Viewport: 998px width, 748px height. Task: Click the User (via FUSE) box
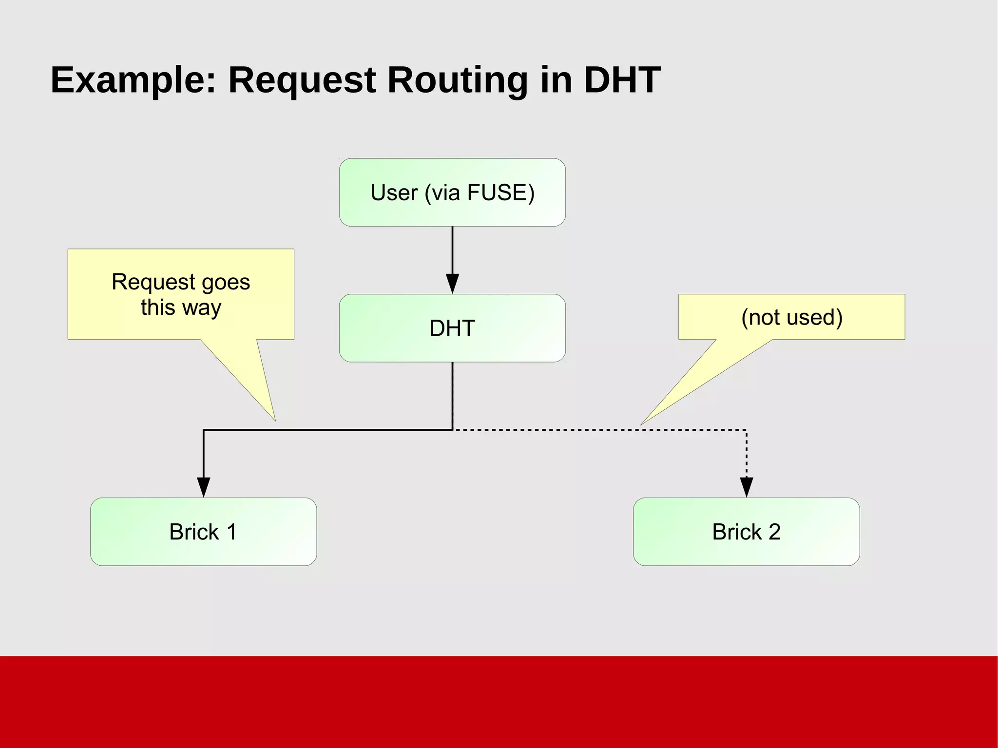452,192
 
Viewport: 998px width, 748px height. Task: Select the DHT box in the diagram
452,328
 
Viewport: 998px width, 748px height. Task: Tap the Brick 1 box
203,532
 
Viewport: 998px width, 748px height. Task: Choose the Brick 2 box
746,532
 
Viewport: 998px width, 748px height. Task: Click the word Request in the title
302,80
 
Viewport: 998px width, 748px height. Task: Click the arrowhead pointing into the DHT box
452,284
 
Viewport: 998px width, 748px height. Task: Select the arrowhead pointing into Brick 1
203,487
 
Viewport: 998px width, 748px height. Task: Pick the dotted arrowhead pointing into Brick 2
746,487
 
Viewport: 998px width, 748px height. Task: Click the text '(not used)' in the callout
792,317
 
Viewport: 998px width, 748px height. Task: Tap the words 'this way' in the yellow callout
181,307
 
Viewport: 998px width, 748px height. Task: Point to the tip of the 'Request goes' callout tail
275,420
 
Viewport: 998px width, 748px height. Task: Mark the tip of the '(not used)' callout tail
641,424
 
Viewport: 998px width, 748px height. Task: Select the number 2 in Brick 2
774,532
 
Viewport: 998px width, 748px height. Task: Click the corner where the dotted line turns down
746,430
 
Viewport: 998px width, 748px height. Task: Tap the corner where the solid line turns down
204,430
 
